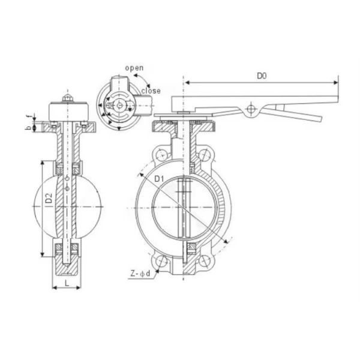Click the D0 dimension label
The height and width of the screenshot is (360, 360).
coord(262,76)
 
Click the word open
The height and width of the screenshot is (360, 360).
coord(134,68)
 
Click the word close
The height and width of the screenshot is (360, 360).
coord(151,91)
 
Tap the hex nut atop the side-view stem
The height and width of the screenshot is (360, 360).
coord(67,98)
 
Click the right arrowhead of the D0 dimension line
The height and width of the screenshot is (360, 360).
coord(339,83)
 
